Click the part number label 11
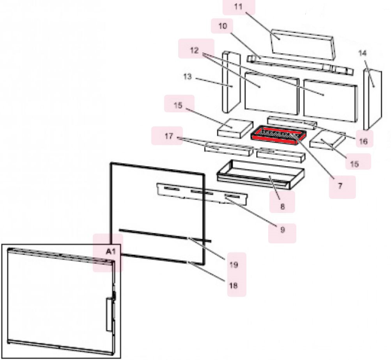[x=239, y=7]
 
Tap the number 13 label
[x=188, y=77]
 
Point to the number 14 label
[x=362, y=52]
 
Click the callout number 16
[x=363, y=141]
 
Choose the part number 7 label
[x=340, y=186]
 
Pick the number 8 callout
[x=282, y=207]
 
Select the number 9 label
[x=282, y=230]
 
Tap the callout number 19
[x=233, y=265]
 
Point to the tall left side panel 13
[x=230, y=82]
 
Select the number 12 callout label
[x=195, y=51]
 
